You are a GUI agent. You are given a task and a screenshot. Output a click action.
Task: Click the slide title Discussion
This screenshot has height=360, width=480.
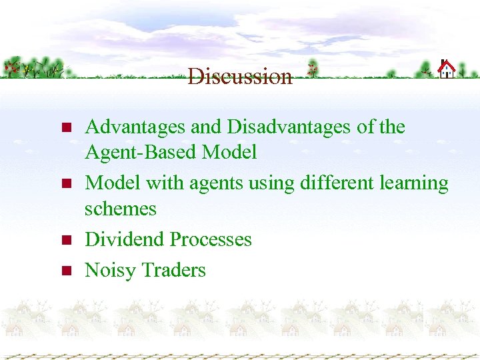(x=240, y=77)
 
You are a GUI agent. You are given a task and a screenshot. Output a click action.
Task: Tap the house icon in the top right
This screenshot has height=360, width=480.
(x=446, y=69)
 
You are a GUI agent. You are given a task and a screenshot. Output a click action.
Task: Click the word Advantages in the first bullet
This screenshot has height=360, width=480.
(x=136, y=127)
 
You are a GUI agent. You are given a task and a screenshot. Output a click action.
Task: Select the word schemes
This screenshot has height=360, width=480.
(x=120, y=209)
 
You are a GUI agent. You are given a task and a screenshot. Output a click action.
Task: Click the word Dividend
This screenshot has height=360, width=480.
(x=125, y=239)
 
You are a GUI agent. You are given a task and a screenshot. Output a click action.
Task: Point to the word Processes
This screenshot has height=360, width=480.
(x=211, y=239)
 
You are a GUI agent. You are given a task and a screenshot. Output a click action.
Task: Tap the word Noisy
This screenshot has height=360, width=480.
(x=109, y=270)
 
